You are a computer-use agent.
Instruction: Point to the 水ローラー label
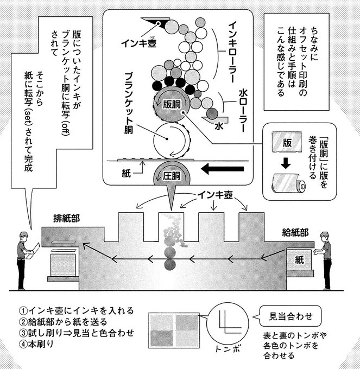(243, 111)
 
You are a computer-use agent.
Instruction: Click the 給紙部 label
(296, 232)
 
